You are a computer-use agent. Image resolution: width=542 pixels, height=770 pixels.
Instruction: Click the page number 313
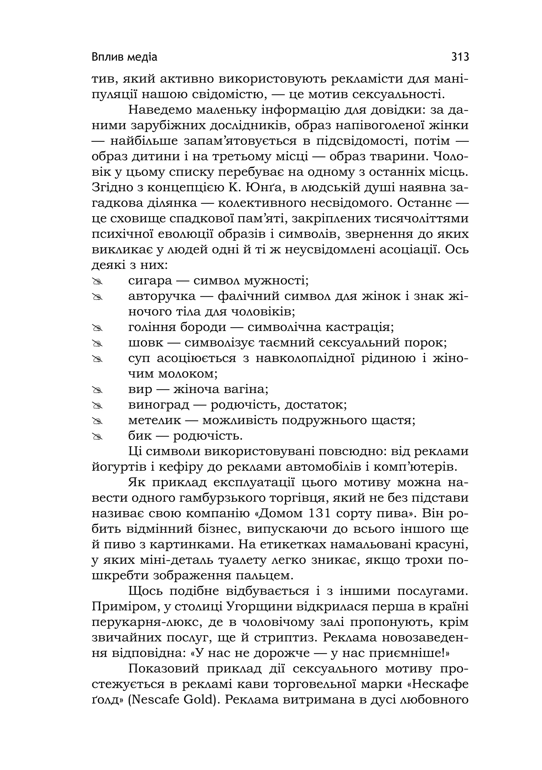460,57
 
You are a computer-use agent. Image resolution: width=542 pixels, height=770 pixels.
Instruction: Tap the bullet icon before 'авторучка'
97,297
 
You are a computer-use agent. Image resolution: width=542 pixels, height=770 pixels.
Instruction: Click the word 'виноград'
159,405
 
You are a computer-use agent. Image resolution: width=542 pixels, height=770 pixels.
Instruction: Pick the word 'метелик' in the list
155,420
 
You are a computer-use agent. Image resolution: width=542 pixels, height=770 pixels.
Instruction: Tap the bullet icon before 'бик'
97,436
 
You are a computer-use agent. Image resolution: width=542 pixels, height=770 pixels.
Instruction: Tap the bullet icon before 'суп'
97,359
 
